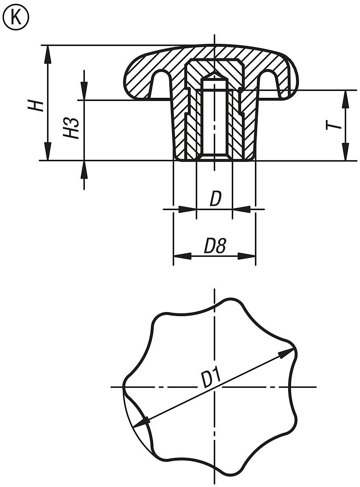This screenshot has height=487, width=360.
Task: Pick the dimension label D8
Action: pos(214,246)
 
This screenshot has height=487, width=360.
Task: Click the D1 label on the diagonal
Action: pos(211,378)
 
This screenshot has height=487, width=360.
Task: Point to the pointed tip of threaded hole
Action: pos(214,73)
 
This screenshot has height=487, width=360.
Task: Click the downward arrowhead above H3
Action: pos(84,91)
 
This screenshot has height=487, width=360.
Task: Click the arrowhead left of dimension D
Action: pos(187,209)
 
